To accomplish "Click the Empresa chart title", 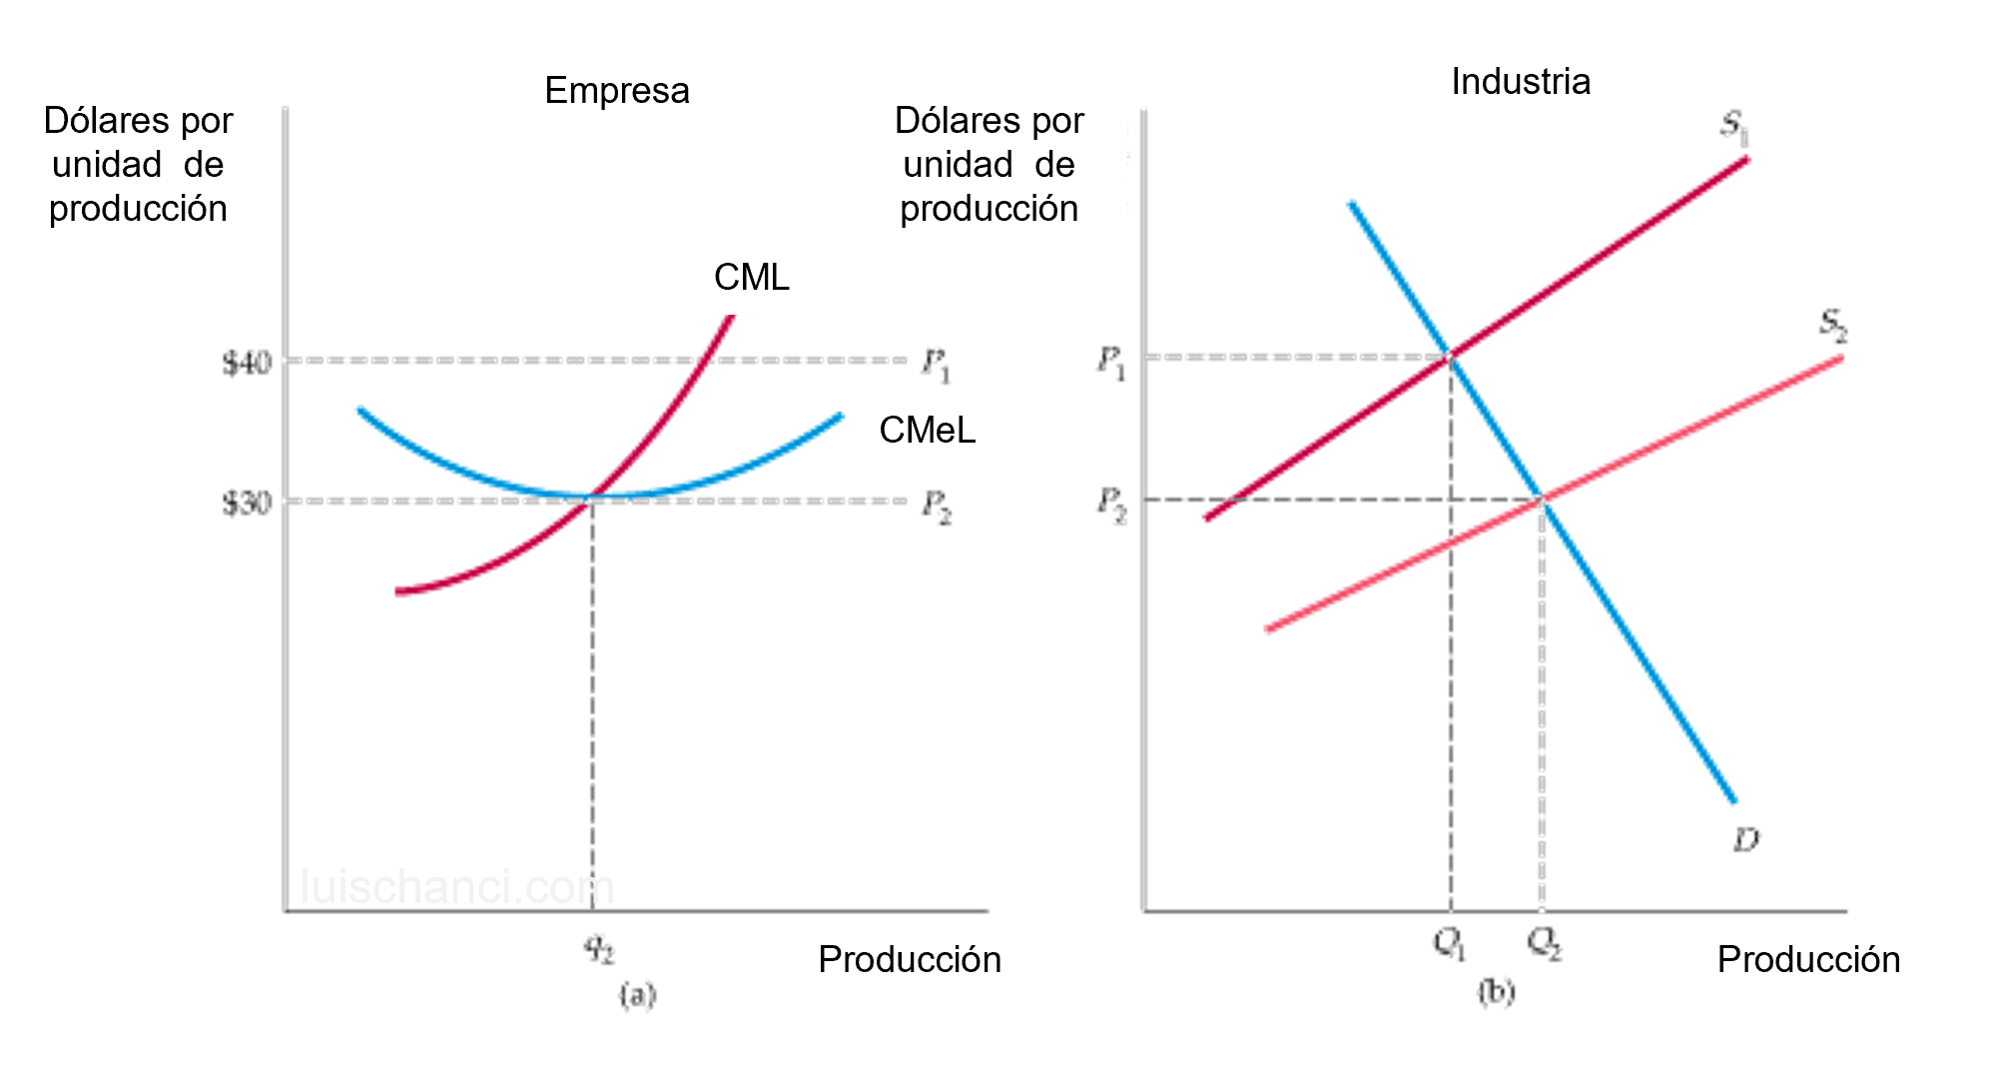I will (617, 90).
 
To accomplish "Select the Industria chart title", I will (1520, 81).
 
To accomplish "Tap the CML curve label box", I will (751, 277).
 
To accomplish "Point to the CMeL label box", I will (927, 430).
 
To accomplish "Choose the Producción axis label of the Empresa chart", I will (909, 959).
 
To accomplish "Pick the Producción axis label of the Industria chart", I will (1808, 959).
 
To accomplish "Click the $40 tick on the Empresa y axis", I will (247, 364).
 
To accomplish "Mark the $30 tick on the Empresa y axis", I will (247, 505).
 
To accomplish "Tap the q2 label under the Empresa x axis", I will (600, 951).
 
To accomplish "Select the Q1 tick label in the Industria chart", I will (1449, 945).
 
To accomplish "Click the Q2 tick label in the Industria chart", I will (1545, 945).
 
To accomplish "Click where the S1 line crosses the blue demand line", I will (1449, 357).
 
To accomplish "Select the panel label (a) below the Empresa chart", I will (637, 996).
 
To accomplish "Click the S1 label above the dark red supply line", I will (1735, 128).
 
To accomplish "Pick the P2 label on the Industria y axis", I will (1110, 505).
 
